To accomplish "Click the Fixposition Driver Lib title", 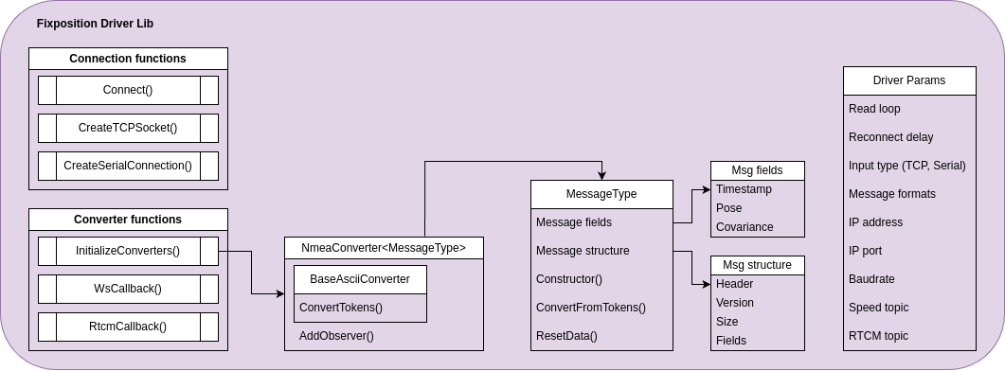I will click(95, 23).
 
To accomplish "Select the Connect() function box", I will click(128, 90).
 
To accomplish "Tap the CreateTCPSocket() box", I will click(128, 128).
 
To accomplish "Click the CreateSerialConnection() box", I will click(128, 166).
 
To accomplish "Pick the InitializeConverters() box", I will click(128, 251).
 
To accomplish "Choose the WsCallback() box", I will click(128, 289).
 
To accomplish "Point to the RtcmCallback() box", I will click(128, 327).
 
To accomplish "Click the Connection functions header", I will click(128, 59).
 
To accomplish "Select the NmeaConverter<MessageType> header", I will click(384, 248).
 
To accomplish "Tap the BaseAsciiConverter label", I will click(360, 279).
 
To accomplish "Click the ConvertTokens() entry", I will click(341, 308).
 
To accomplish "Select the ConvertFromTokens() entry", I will click(591, 308).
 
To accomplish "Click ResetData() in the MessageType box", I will click(566, 336).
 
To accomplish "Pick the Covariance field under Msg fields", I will click(745, 227).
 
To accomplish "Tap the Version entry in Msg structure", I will click(735, 303).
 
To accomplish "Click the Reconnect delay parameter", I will click(890, 137).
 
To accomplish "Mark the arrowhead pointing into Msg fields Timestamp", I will click(706, 189).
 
